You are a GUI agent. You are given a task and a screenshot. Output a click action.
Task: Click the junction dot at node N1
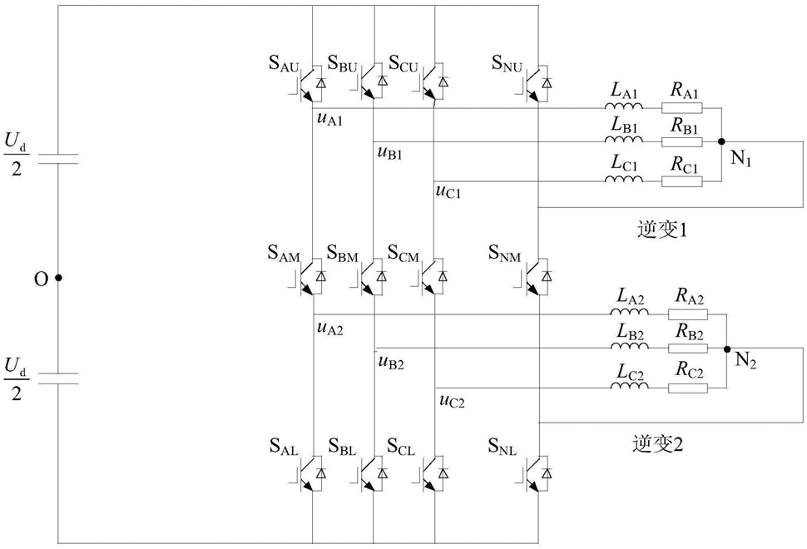(x=721, y=141)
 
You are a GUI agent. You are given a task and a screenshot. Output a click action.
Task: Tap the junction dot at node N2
(x=726, y=349)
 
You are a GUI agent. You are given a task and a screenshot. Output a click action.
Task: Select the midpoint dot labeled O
(x=59, y=278)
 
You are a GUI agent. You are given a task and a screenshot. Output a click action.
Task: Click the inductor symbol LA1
(x=624, y=106)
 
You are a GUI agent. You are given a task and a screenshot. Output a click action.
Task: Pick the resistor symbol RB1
(x=681, y=141)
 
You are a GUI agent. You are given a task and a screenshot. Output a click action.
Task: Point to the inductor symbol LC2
(x=630, y=385)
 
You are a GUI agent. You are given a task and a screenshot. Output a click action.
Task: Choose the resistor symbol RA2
(x=688, y=314)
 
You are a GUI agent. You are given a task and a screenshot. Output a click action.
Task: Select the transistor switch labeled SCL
(x=433, y=472)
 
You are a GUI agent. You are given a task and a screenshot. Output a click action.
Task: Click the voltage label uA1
(x=330, y=120)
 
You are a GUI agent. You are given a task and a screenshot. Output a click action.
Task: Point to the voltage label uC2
(x=452, y=401)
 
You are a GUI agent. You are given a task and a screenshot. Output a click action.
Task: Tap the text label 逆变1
(x=662, y=230)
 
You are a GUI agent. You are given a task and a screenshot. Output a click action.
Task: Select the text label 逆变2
(x=658, y=443)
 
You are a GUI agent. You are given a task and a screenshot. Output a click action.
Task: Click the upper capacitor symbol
(x=59, y=159)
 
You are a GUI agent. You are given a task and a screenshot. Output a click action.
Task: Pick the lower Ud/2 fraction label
(x=17, y=379)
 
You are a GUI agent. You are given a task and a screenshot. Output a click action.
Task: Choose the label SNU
(x=507, y=64)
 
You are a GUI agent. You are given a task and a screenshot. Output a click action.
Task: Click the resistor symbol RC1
(x=681, y=181)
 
